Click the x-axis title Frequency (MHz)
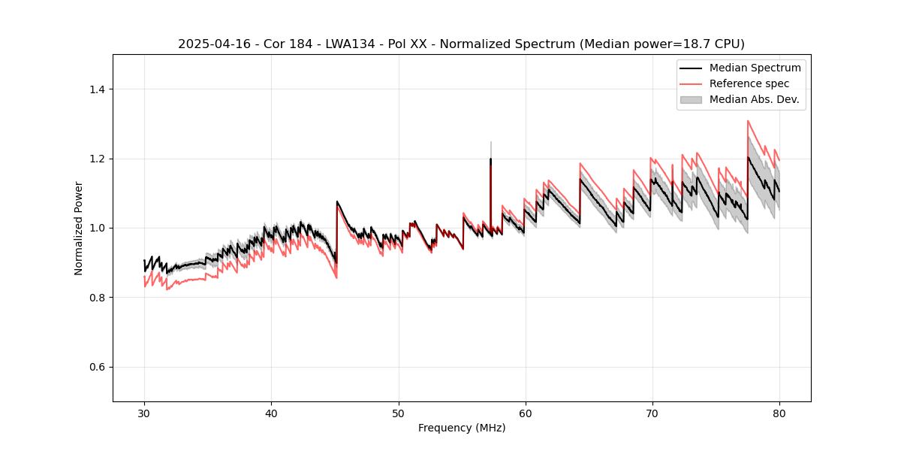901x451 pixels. click(x=462, y=428)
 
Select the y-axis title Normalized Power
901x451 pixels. click(x=78, y=228)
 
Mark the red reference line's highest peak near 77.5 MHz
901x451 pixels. click(x=748, y=121)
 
